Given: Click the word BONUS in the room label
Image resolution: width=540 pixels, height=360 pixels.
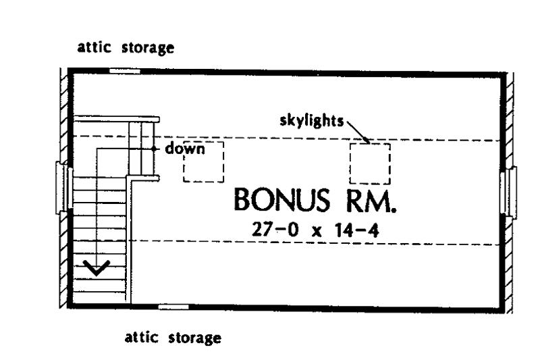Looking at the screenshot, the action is coord(281,199).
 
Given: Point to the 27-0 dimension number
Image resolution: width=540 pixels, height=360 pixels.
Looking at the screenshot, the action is coord(275,230).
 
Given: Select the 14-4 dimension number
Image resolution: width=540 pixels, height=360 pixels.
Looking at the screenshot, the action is coord(357,230).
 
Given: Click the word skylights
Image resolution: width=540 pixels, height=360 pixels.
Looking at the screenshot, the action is coord(312,121).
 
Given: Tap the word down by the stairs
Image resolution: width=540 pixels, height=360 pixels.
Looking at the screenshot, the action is coord(185,149).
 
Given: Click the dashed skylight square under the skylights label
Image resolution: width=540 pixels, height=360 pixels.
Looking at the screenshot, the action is coord(370,163).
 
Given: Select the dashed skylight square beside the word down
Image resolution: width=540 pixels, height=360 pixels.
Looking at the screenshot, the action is coord(204,161).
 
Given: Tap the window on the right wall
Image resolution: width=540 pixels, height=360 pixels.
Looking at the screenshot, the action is coord(508,192).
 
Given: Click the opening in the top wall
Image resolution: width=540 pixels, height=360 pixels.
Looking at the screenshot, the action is coord(125,72).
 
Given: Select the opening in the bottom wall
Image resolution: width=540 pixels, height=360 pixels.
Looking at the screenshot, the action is coord(173,307).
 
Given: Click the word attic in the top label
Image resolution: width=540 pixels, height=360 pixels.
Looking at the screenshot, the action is coord(94,47).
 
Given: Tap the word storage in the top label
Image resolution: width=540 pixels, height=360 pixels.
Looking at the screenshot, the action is coord(148,48).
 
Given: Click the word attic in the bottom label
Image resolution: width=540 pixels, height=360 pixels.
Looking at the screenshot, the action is coord(142,337).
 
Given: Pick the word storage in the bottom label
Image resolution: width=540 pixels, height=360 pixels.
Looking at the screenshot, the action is coord(195,338).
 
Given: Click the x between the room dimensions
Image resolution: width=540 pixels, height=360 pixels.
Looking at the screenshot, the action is coord(317,232).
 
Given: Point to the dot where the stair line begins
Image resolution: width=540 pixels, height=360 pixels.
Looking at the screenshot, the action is coord(154,149).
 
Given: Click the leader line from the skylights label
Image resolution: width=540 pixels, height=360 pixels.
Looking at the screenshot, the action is coord(358,132).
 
